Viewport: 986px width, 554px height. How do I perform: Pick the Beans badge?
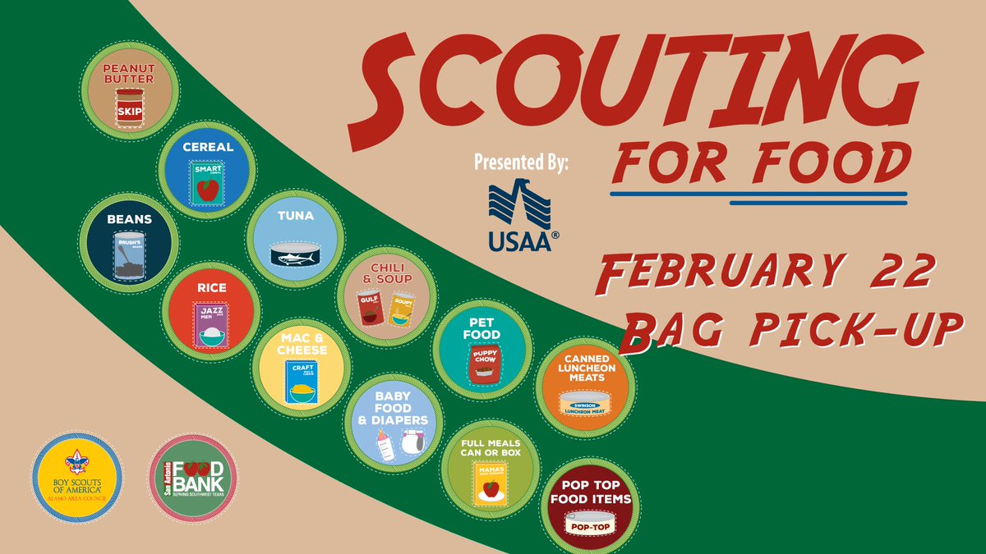click(x=128, y=244)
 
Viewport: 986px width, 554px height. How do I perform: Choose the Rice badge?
click(x=212, y=311)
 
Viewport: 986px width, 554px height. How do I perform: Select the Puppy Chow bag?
click(x=485, y=366)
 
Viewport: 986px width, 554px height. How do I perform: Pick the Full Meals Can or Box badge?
click(x=491, y=465)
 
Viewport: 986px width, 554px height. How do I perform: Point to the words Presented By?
click(x=521, y=161)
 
